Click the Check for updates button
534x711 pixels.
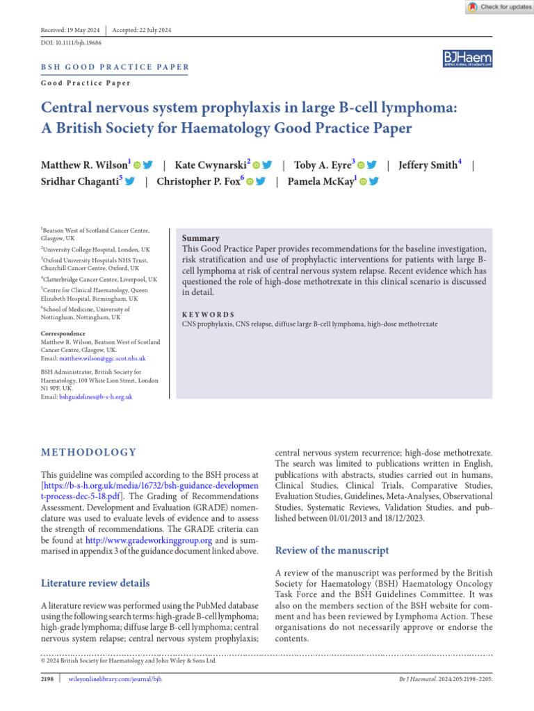pos(499,7)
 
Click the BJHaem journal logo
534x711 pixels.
pos(467,59)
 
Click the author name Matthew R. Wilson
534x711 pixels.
pos(84,165)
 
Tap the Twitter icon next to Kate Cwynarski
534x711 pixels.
pos(268,165)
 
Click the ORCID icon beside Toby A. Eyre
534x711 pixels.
pos(361,165)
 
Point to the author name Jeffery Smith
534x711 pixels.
pos(428,165)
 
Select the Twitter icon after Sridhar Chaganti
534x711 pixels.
pos(129,182)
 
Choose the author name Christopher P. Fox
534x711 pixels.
pos(198,182)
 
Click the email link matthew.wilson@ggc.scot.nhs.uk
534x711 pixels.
pos(102,358)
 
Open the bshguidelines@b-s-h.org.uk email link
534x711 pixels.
pos(95,396)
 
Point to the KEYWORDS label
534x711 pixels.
pos(208,315)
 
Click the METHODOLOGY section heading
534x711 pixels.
pos(89,452)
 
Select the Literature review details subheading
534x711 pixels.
pos(95,583)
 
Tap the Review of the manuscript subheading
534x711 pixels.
pos(332,551)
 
